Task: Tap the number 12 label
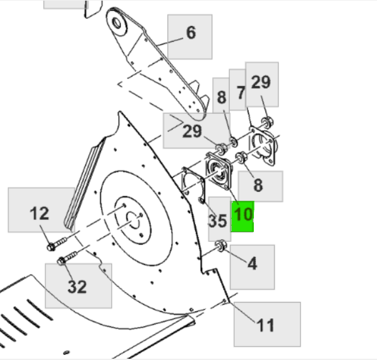[39, 213]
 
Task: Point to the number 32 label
[77, 286]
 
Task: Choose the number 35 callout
[218, 220]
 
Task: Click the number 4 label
[252, 263]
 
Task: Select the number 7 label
[240, 93]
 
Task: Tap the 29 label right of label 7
[261, 81]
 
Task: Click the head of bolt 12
[51, 246]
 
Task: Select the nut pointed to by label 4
[221, 246]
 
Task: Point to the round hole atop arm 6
[118, 23]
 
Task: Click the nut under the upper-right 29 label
[267, 120]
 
